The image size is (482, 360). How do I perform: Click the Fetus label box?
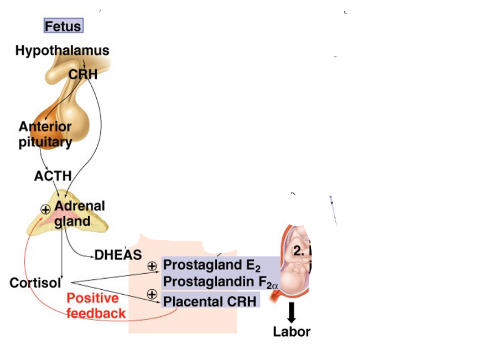pos(63,26)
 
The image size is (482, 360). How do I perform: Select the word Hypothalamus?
pos(62,51)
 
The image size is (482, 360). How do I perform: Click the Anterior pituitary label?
pos(45,134)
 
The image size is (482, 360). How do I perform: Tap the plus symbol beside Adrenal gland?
pos(45,208)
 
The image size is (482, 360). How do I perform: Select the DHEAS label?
pos(118,255)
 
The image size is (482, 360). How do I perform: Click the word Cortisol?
pos(35,283)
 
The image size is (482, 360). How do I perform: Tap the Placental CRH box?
pos(210,301)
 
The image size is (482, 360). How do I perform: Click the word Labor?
pos(292,332)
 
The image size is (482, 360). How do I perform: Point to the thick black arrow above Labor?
pos(292,314)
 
